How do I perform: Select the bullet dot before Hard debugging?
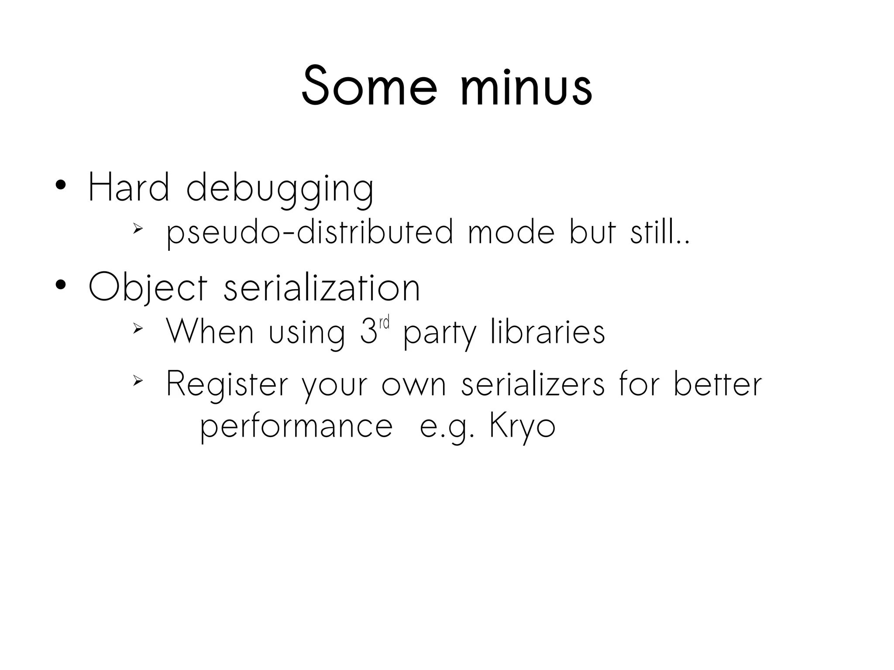[61, 185]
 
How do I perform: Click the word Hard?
[129, 188]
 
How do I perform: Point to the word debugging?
[280, 190]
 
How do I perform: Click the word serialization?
[322, 288]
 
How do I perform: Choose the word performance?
[297, 427]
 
